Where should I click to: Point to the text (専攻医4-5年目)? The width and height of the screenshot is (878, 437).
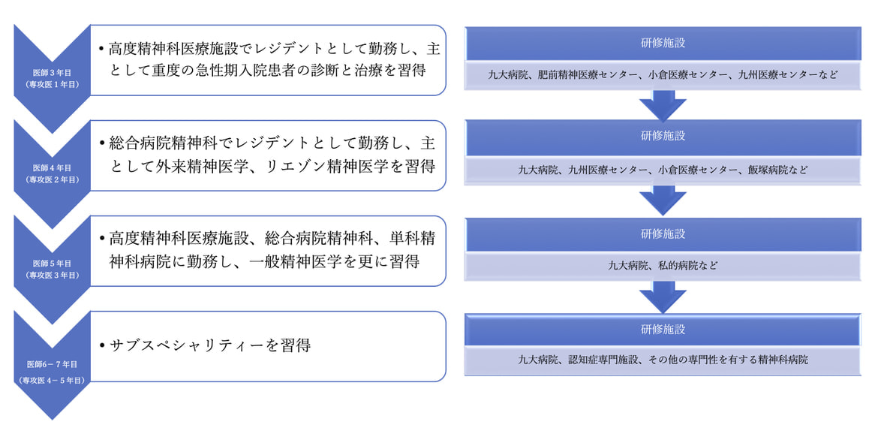tap(52, 381)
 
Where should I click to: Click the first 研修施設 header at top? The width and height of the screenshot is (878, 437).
tap(663, 43)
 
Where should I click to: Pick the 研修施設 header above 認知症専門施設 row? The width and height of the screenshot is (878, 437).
tap(663, 329)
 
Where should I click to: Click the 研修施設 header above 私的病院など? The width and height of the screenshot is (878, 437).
tap(663, 234)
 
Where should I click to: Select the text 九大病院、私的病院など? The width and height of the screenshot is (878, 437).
tap(663, 265)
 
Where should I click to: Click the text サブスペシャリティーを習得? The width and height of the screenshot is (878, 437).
tap(209, 346)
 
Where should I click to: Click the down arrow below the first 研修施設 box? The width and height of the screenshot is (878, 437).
tap(663, 106)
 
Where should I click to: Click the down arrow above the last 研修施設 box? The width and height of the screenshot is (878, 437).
tap(663, 297)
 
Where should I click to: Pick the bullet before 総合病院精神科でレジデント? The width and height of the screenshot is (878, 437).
tap(101, 143)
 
